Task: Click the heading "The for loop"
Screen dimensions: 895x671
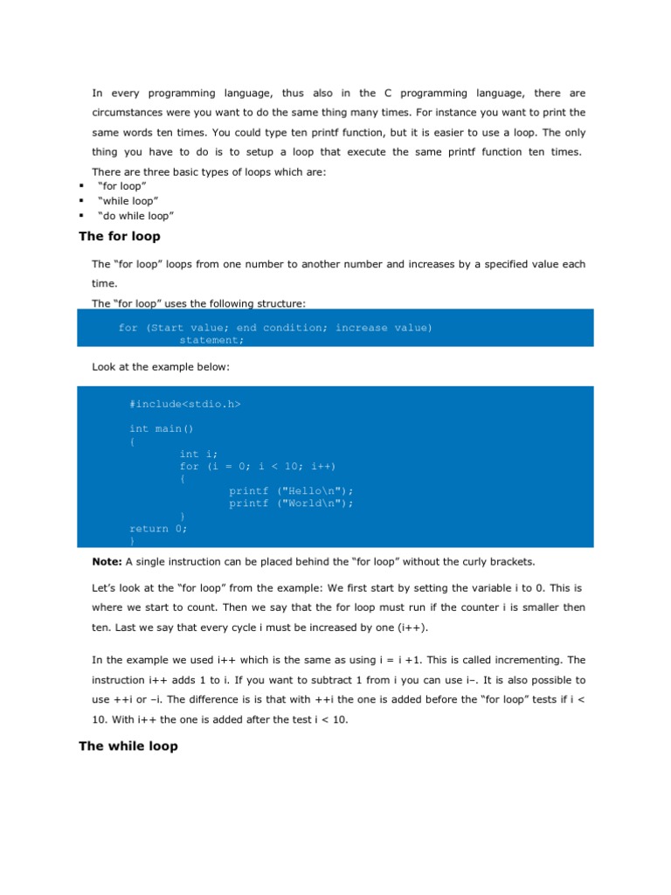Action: pos(120,236)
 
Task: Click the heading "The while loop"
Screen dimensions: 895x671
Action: pos(128,746)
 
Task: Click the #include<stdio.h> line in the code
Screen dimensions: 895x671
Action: pos(184,404)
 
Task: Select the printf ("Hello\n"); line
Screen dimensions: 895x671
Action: pos(291,490)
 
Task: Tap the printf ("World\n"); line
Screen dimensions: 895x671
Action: pos(291,503)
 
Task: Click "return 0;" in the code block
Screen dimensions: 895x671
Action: pos(158,528)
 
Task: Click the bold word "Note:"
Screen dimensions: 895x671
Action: pos(107,560)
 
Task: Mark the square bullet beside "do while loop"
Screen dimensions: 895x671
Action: pos(80,215)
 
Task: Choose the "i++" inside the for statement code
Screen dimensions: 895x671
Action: pos(322,466)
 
